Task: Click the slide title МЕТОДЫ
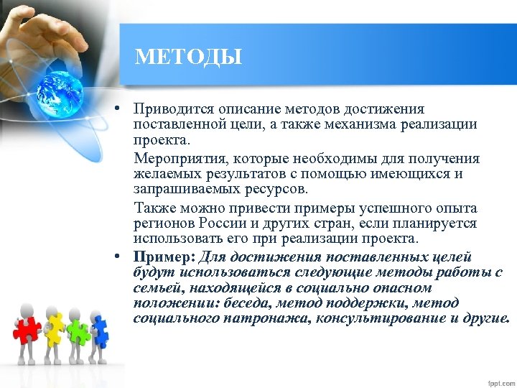188,56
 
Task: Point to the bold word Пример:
164,257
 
